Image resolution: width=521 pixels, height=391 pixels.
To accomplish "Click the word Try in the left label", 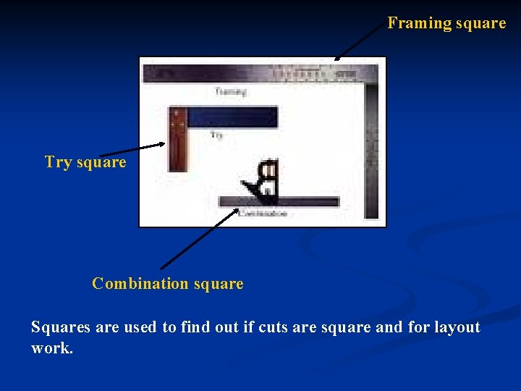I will tap(58, 162).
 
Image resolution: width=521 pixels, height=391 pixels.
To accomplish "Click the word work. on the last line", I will tap(52, 348).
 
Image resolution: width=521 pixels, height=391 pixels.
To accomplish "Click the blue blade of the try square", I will tap(232, 117).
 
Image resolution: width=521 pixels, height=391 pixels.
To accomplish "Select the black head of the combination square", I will tap(265, 181).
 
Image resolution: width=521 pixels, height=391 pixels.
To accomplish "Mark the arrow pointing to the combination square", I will tap(199, 239).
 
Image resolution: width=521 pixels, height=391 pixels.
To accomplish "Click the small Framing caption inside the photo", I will tap(231, 92).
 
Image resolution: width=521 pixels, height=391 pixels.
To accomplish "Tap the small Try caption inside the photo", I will tap(217, 135).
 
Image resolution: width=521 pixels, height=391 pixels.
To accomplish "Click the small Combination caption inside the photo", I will tap(263, 214).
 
